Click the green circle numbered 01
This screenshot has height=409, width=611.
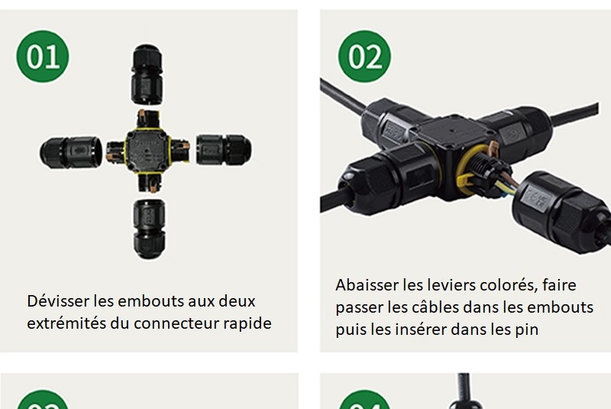pyautogui.click(x=43, y=56)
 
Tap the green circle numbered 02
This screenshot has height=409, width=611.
pyautogui.click(x=364, y=56)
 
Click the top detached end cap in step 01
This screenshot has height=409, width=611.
pyautogui.click(x=147, y=74)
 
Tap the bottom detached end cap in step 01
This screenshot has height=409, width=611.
pyautogui.click(x=149, y=229)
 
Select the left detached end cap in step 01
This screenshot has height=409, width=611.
pyautogui.click(x=70, y=152)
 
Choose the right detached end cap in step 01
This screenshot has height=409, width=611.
pyautogui.click(x=224, y=150)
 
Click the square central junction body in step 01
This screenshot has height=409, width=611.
pyautogui.click(x=147, y=150)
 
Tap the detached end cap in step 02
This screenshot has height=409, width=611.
pyautogui.click(x=561, y=210)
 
